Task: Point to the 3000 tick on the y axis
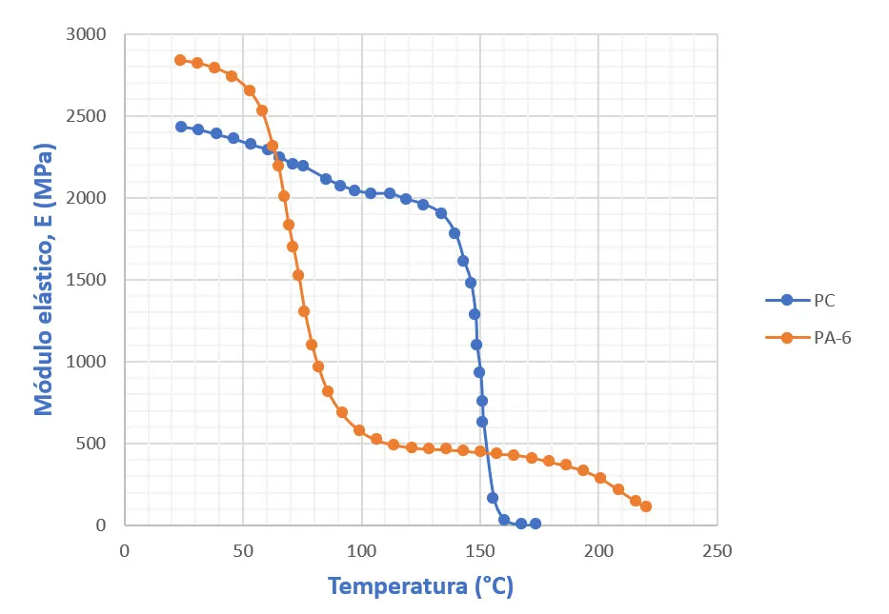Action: [x=88, y=34]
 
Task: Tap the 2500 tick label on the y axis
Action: [x=88, y=116]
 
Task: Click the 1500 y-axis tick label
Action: [x=88, y=280]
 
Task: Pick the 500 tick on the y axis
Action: [x=92, y=444]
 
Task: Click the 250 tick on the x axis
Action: [x=717, y=550]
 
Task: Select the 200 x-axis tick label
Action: [x=598, y=550]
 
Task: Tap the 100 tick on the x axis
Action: [x=361, y=550]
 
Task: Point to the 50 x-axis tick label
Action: [x=242, y=550]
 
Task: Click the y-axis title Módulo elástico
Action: [x=44, y=279]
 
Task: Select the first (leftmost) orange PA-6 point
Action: [x=180, y=60]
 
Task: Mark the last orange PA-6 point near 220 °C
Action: [x=646, y=506]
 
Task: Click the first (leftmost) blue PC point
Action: [x=181, y=127]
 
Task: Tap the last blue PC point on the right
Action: [x=535, y=524]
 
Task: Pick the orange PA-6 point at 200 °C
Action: [x=600, y=478]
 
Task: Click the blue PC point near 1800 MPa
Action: [x=455, y=233]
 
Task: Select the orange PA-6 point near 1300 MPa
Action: [x=304, y=311]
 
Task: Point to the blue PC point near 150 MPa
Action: [x=493, y=498]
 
